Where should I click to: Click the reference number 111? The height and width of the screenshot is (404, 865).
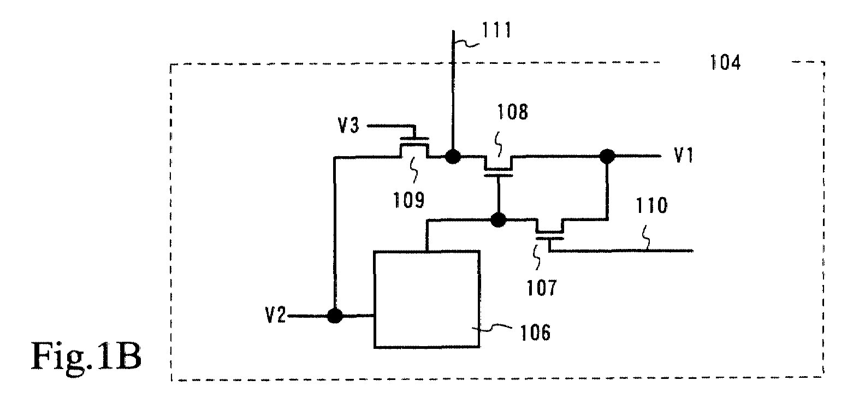click(x=496, y=30)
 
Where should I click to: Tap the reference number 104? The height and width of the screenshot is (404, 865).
click(x=726, y=63)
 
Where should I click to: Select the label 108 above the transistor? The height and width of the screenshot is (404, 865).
click(x=512, y=112)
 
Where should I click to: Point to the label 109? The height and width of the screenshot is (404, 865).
click(x=408, y=200)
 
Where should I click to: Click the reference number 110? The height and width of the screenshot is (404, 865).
click(x=652, y=205)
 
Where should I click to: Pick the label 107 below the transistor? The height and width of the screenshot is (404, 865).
click(x=542, y=288)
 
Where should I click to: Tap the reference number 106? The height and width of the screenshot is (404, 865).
click(x=535, y=332)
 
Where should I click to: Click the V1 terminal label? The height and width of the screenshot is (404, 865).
click(x=684, y=155)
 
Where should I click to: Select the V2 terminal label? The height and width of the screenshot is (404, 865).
click(x=275, y=315)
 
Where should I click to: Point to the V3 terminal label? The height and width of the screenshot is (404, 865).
click(x=348, y=126)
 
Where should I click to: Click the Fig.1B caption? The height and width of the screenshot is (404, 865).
click(x=86, y=357)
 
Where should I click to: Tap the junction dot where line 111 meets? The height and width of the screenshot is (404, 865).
click(x=453, y=157)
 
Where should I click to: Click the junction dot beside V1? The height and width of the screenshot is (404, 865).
click(x=607, y=156)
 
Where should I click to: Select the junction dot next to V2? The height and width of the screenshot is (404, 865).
click(x=335, y=316)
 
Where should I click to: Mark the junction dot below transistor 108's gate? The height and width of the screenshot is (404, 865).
click(x=498, y=220)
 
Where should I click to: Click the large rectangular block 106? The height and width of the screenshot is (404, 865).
click(x=426, y=299)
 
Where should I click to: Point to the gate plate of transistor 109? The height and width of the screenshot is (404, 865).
click(x=414, y=138)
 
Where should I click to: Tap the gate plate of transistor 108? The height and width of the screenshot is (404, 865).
click(x=499, y=175)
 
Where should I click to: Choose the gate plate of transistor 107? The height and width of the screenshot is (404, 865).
click(x=549, y=239)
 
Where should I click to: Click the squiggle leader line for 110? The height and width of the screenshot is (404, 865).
click(x=647, y=237)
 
